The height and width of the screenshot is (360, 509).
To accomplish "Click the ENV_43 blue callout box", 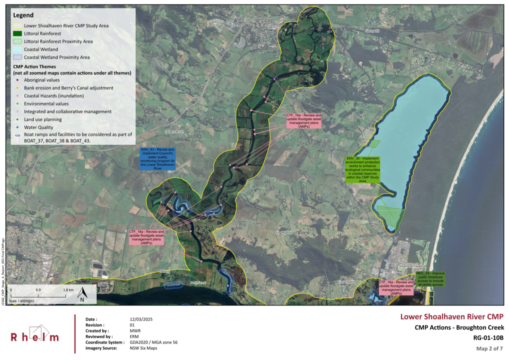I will pyautogui.click(x=158, y=159).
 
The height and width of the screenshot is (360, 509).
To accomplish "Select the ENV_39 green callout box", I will pyautogui.click(x=362, y=169).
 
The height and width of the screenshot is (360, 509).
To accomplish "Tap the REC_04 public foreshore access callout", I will pyautogui.click(x=430, y=279).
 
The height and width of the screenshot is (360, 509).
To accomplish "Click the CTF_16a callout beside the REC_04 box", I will pyautogui.click(x=396, y=288).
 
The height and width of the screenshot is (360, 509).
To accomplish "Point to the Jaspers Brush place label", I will pyautogui.click(x=174, y=131).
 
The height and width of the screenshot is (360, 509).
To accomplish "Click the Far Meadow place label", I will pyautogui.click(x=284, y=232).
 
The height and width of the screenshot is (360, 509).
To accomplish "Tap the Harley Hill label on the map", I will pyautogui.click(x=372, y=31).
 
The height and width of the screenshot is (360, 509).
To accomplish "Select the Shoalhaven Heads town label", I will pyautogui.click(x=411, y=266).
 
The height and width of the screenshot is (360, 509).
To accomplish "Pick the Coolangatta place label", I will pyautogui.click(x=346, y=282).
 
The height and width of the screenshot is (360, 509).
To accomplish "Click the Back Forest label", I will pyautogui.click(x=198, y=283).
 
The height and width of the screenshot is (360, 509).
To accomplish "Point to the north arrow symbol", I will pyautogui.click(x=82, y=294).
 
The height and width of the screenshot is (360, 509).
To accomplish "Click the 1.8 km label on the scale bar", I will pyautogui.click(x=68, y=290).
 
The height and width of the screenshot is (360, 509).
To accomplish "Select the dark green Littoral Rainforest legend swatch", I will pyautogui.click(x=17, y=34).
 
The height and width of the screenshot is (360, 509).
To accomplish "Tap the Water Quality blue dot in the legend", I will pyautogui.click(x=18, y=127).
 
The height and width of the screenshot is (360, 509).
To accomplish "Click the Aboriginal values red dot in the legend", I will pyautogui.click(x=18, y=80).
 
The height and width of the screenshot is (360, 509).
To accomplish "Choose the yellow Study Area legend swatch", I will pyautogui.click(x=17, y=26).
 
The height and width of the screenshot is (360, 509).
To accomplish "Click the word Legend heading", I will pyautogui.click(x=23, y=15).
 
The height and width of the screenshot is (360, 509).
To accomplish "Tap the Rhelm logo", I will pyautogui.click(x=35, y=334).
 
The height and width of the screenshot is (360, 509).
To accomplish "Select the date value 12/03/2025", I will pyautogui.click(x=141, y=319).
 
